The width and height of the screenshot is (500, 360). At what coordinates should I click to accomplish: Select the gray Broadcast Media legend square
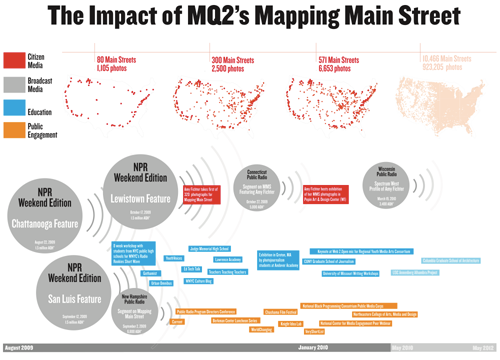point(14,86)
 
